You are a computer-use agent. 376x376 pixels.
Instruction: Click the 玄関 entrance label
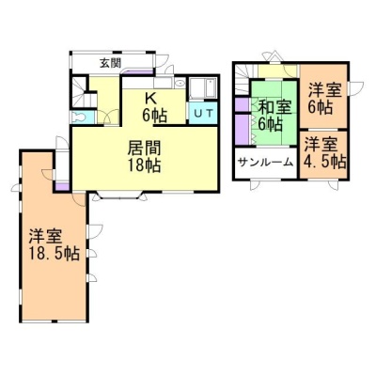[x=111, y=63]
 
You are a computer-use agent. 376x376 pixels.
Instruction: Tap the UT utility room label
[x=204, y=113]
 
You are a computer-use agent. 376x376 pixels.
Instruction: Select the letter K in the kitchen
[x=150, y=99]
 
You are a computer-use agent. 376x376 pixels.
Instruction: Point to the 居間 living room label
[x=144, y=149]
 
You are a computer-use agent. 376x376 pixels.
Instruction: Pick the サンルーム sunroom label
[x=266, y=163]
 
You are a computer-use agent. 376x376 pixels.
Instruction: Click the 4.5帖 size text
[x=325, y=162]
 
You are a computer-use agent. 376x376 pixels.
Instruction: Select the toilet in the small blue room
[x=79, y=117]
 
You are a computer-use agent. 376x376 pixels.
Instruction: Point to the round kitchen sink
[x=180, y=84]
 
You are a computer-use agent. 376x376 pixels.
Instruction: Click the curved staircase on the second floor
[x=243, y=80]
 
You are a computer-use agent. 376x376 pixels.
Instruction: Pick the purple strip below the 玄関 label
[x=138, y=72]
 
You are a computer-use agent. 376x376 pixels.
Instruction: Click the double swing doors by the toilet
[x=108, y=117]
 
